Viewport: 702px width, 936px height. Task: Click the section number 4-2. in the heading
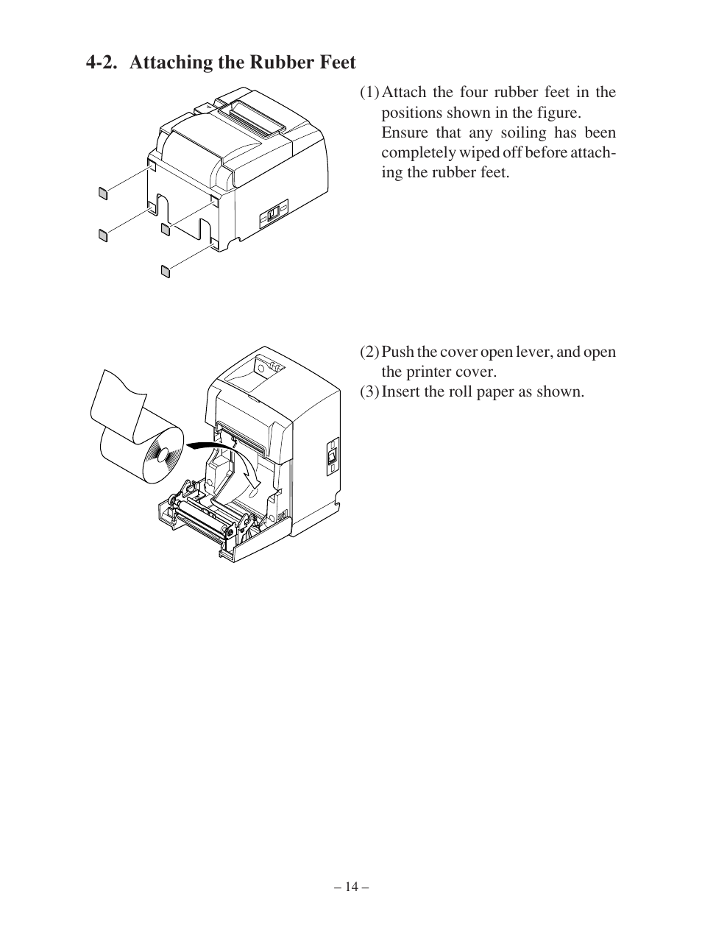[102, 63]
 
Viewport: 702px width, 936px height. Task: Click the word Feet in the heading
[338, 63]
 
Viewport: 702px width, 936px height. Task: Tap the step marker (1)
[369, 92]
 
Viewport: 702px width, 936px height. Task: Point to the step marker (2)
[369, 352]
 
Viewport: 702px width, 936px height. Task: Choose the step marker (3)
[369, 391]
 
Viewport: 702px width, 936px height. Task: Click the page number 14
[352, 887]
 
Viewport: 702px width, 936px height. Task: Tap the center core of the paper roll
[163, 455]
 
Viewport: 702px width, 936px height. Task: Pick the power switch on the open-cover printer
[333, 457]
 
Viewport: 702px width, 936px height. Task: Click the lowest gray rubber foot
[166, 272]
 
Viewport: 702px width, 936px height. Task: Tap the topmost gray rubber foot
[103, 194]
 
